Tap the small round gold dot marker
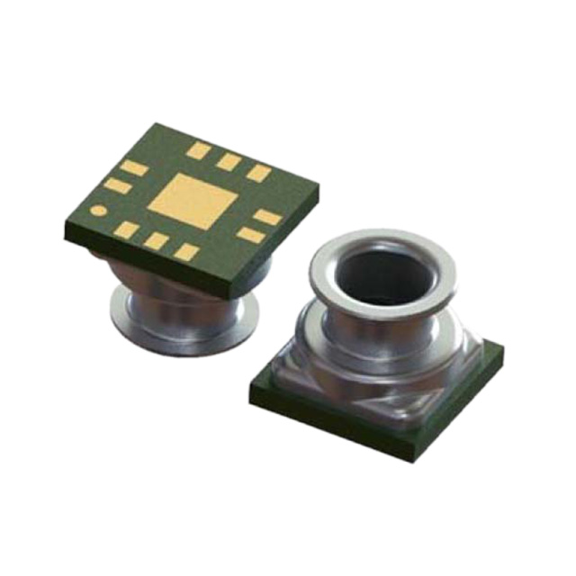point(100,212)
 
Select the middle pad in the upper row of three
point(229,162)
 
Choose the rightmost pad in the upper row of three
point(258,173)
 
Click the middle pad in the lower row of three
point(157,240)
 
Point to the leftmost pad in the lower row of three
point(127,229)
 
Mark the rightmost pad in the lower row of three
point(185,252)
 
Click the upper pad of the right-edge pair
point(266,216)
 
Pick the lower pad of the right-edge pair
point(249,235)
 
